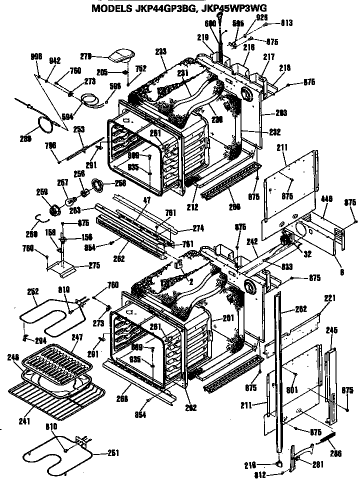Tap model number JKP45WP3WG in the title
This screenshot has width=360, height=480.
click(x=233, y=7)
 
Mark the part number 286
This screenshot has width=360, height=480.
click(x=335, y=454)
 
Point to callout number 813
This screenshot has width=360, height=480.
click(x=286, y=23)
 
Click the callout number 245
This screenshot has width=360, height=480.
click(x=331, y=330)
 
